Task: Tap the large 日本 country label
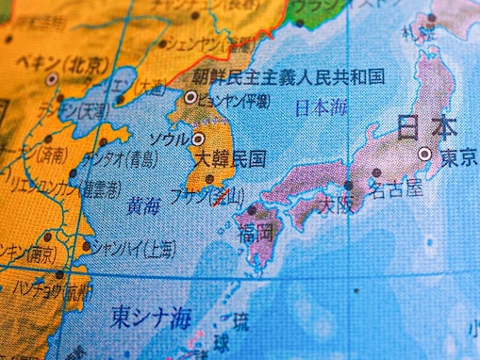pos(426,127)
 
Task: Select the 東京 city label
pos(457,155)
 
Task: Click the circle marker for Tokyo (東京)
pos(424,154)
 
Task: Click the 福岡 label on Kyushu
pos(257,232)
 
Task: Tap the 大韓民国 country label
pos(230,157)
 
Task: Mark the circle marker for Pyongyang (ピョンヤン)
pos(190,96)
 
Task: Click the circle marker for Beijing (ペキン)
pos(52,80)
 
